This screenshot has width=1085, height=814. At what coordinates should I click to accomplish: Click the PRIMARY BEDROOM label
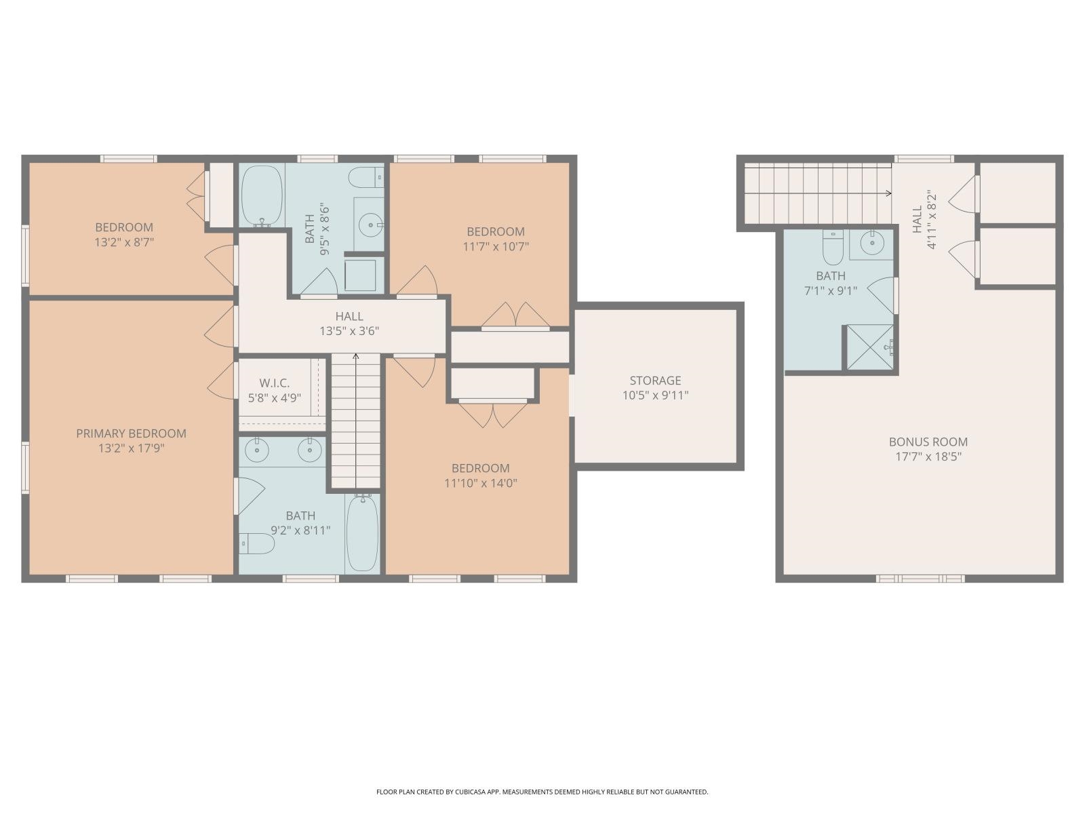tap(131, 433)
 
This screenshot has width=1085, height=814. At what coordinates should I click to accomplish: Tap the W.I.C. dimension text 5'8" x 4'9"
tap(275, 398)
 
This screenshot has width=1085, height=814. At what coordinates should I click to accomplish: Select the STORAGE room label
tap(655, 381)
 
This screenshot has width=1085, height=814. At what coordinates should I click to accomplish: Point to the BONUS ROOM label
tap(928, 442)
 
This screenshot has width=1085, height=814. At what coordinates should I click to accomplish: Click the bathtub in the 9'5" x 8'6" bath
tap(262, 195)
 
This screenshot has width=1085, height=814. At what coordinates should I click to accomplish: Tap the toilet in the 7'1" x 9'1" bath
tap(833, 248)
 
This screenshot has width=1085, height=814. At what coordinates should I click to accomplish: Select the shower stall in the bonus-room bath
tap(870, 347)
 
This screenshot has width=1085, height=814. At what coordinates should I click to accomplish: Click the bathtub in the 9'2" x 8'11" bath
tap(363, 533)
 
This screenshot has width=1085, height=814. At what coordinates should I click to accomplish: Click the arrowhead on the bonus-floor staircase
tap(888, 193)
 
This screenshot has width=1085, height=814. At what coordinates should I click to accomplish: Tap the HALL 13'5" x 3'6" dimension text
tap(349, 332)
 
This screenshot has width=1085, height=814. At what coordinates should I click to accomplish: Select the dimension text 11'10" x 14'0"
tap(480, 483)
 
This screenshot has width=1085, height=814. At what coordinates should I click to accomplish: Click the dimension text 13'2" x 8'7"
tap(124, 241)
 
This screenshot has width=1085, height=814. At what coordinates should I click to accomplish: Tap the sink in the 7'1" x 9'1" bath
tap(871, 242)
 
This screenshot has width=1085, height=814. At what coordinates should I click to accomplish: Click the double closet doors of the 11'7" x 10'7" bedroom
tap(516, 315)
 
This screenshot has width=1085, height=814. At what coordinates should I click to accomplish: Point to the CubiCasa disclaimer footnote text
tap(542, 792)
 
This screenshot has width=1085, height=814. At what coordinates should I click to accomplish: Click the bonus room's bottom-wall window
tap(920, 579)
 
